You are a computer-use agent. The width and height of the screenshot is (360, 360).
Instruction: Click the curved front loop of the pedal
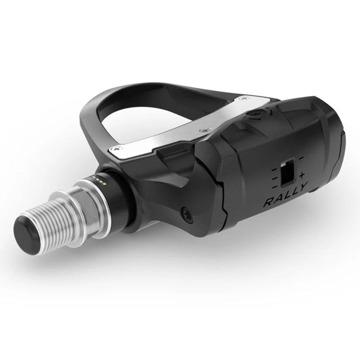94,109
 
